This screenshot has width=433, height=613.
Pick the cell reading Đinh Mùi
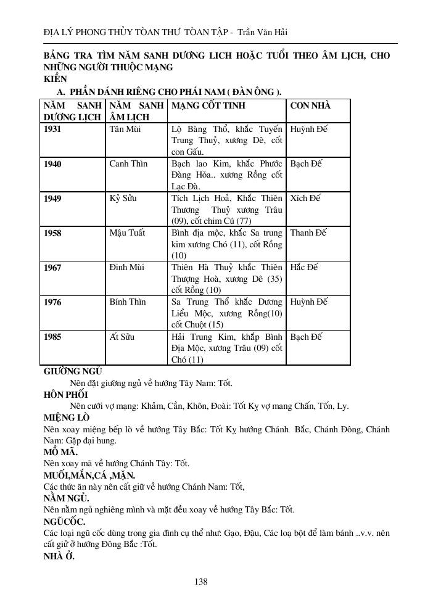coord(126,267)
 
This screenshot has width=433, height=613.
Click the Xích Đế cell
coord(305,198)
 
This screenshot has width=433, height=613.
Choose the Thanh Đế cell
coord(308,232)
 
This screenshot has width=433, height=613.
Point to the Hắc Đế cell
coord(304,267)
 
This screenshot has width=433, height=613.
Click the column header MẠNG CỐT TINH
coord(208,105)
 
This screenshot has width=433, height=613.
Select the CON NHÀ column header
coord(310,105)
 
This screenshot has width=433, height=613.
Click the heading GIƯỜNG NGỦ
coord(73,372)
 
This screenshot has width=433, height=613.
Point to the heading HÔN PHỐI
coord(66,395)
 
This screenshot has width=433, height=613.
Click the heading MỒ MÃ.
coord(61,451)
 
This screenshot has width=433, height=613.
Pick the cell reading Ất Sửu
coord(122,337)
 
